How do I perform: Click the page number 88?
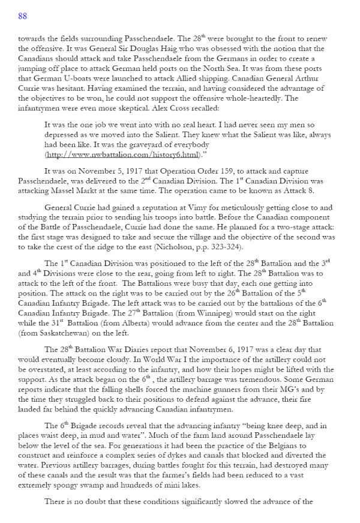point(22,16)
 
